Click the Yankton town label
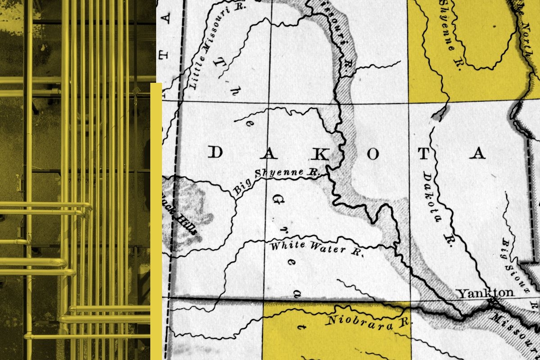pos(485,293)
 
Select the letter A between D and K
pos(269,153)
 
